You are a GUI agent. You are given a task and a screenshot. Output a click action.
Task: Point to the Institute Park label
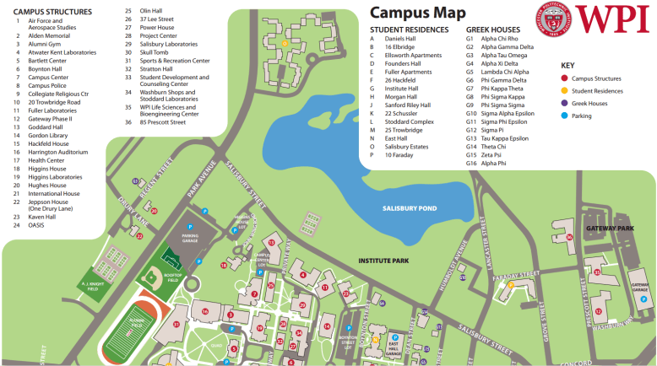pos(383,261)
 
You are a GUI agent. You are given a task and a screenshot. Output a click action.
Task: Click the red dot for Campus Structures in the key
pos(564,78)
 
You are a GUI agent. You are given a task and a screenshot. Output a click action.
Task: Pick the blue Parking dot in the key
pos(564,116)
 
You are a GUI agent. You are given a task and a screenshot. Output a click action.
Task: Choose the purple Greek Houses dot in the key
pos(564,103)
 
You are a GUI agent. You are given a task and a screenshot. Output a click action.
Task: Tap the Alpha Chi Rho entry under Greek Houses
pos(498,40)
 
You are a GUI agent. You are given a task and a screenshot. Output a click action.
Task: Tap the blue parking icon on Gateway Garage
pos(645,299)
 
